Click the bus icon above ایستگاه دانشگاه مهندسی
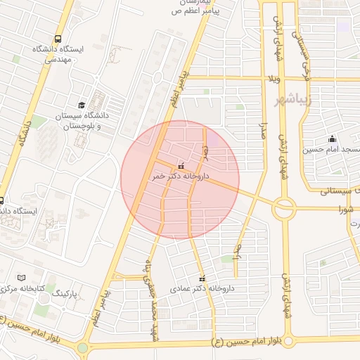click(58, 39)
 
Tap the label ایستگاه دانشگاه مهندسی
click(58, 55)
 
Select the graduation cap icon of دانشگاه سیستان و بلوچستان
click(82, 105)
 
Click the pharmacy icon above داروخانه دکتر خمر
click(181, 166)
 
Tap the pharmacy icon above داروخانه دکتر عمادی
click(203, 278)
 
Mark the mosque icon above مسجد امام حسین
click(331, 139)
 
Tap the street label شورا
click(345, 209)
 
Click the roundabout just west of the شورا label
click(285, 207)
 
